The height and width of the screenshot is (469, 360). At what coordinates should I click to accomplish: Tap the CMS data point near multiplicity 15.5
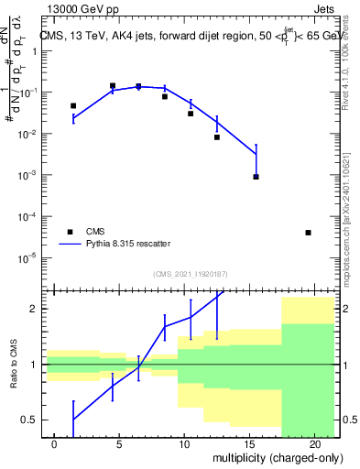pyautogui.click(x=256, y=177)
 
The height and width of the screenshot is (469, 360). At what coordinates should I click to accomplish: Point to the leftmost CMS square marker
pyautogui.click(x=73, y=106)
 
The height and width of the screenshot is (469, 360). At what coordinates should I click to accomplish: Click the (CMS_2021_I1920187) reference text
pyautogui.click(x=190, y=274)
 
